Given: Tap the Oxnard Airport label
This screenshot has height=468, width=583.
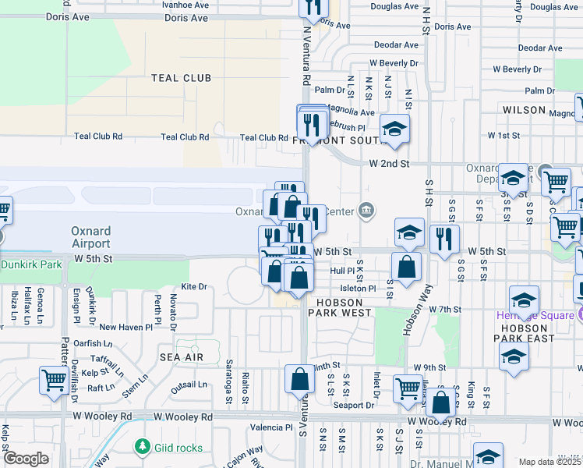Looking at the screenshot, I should pyautogui.click(x=91, y=237).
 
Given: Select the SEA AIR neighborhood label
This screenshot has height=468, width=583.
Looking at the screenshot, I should pyautogui.click(x=182, y=357).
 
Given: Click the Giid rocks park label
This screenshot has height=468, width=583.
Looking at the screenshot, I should pyautogui.click(x=178, y=448).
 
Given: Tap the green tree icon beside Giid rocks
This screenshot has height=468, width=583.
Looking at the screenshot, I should pyautogui.click(x=141, y=447).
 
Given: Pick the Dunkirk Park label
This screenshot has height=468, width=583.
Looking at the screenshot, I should pyautogui.click(x=31, y=264).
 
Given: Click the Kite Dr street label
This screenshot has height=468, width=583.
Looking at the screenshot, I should pyautogui.click(x=193, y=287).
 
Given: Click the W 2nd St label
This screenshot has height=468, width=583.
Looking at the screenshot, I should pyautogui.click(x=389, y=164).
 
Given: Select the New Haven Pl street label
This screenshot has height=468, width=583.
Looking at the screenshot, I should pyautogui.click(x=119, y=327).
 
